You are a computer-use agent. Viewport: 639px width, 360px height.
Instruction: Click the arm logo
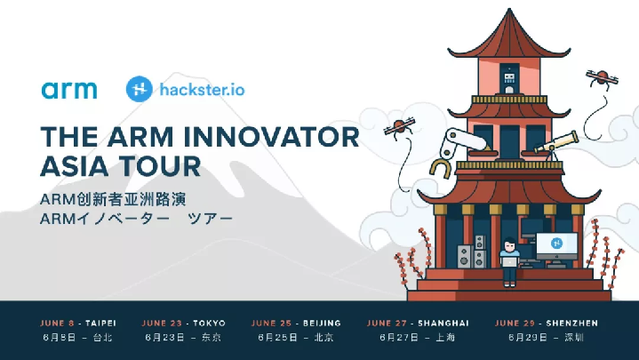tap(69, 90)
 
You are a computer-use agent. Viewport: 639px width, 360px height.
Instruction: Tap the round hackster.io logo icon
tap(140, 89)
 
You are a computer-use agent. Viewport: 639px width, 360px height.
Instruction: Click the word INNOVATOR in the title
tap(271, 137)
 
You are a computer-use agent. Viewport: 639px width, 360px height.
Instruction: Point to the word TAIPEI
tap(100, 324)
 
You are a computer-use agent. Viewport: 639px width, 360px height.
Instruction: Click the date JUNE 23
tap(162, 324)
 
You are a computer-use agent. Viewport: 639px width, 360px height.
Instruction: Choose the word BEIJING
tap(322, 324)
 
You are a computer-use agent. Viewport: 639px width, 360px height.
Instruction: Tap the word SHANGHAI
tap(443, 324)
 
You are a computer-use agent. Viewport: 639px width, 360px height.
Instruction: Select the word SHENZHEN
tap(571, 324)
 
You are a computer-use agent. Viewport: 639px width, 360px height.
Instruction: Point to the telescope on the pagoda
tap(556, 143)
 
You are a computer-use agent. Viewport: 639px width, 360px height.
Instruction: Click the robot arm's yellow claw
tap(441, 168)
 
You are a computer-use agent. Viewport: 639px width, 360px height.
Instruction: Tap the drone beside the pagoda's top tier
tap(602, 77)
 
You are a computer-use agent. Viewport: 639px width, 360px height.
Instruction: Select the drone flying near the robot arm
tap(399, 126)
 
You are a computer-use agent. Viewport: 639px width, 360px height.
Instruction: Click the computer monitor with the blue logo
tap(556, 246)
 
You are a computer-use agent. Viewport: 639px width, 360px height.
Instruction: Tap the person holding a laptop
tap(509, 261)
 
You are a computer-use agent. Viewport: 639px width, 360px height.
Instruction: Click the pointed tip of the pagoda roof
tap(509, 9)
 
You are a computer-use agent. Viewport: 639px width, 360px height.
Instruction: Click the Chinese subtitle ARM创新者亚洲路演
tap(113, 199)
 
